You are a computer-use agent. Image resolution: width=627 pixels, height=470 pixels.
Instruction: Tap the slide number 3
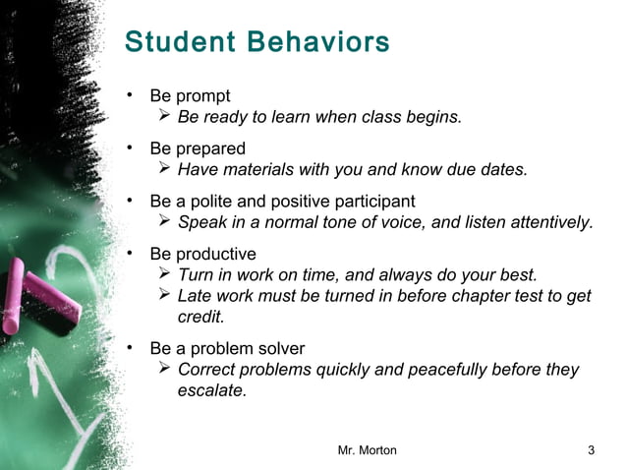pyautogui.click(x=591, y=450)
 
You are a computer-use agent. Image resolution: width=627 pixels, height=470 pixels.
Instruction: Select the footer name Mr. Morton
pyautogui.click(x=368, y=450)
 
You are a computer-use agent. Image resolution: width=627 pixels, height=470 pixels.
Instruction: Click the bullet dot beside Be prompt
pyautogui.click(x=129, y=95)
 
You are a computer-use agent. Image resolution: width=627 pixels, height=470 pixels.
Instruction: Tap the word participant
pyautogui.click(x=369, y=202)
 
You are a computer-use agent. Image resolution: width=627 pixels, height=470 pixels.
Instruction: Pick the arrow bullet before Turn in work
pyautogui.click(x=165, y=274)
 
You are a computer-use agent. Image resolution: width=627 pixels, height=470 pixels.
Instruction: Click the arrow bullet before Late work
pyautogui.click(x=165, y=296)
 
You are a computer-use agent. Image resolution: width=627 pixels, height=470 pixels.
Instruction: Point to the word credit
pyautogui.click(x=200, y=318)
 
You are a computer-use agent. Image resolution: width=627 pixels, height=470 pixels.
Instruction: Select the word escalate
pyautogui.click(x=211, y=390)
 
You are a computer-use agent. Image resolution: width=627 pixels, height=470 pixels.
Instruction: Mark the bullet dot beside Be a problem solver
pyautogui.click(x=129, y=348)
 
